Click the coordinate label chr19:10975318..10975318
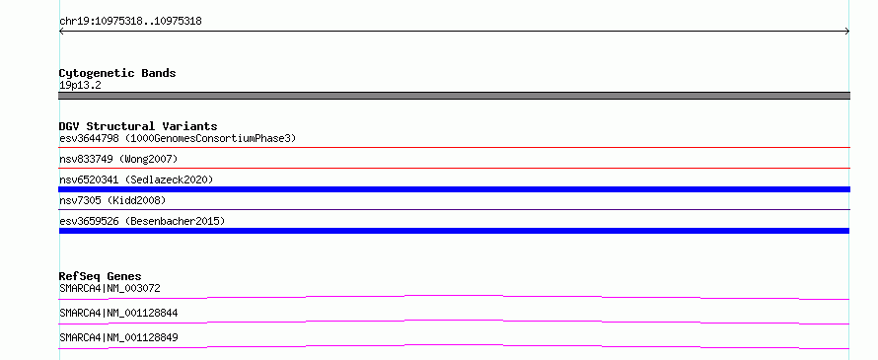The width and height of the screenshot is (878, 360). (x=130, y=22)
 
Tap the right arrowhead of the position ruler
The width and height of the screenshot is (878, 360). (x=848, y=32)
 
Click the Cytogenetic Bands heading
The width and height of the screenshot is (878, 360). (x=117, y=73)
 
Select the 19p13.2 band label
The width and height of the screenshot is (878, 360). (x=80, y=86)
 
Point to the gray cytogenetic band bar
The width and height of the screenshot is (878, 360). (x=454, y=96)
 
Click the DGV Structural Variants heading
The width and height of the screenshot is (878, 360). (x=138, y=126)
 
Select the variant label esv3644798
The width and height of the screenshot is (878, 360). (x=89, y=138)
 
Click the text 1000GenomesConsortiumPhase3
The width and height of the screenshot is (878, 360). (x=210, y=138)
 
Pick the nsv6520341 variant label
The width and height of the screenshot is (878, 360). (x=89, y=180)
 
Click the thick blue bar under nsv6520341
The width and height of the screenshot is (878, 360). (x=454, y=189)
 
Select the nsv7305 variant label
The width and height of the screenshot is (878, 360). (x=80, y=200)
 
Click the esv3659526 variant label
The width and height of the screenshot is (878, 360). (x=89, y=221)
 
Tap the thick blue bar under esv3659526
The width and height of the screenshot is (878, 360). (x=454, y=231)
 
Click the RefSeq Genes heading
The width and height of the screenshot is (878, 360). (x=101, y=276)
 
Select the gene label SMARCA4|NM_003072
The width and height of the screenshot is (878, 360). (x=110, y=288)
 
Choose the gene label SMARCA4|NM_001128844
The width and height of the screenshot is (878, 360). (x=118, y=313)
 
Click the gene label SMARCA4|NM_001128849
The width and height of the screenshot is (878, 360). (x=118, y=337)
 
